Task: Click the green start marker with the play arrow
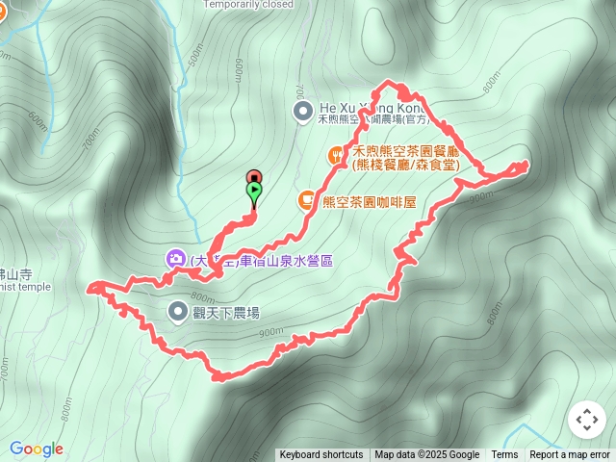pyautogui.click(x=254, y=192)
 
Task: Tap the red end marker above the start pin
pyautogui.click(x=254, y=176)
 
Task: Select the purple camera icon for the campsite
pyautogui.click(x=175, y=258)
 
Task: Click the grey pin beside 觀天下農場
pyautogui.click(x=178, y=311)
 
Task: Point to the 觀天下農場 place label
pyautogui.click(x=226, y=313)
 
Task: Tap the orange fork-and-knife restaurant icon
pyautogui.click(x=337, y=153)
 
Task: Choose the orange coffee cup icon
pyautogui.click(x=306, y=200)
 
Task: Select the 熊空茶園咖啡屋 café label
pyautogui.click(x=370, y=202)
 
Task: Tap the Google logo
pyautogui.click(x=37, y=449)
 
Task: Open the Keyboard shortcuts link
pyautogui.click(x=321, y=455)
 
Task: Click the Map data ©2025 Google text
pyautogui.click(x=426, y=455)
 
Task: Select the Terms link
pyautogui.click(x=504, y=455)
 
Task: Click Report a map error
pyautogui.click(x=570, y=455)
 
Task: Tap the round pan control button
pyautogui.click(x=586, y=420)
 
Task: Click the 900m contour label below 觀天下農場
pyautogui.click(x=270, y=333)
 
